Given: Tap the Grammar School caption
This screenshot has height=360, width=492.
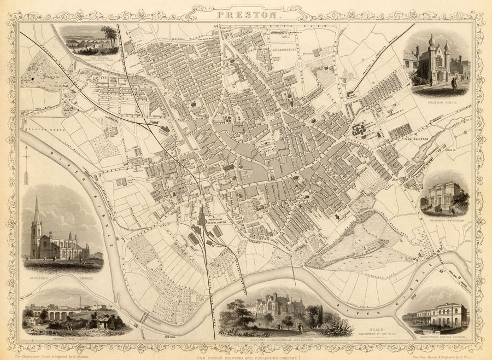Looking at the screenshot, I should [443, 102].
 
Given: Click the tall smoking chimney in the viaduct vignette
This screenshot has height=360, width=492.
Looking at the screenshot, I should [80, 301].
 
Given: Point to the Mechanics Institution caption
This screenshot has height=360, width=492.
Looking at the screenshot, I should [444, 222].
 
